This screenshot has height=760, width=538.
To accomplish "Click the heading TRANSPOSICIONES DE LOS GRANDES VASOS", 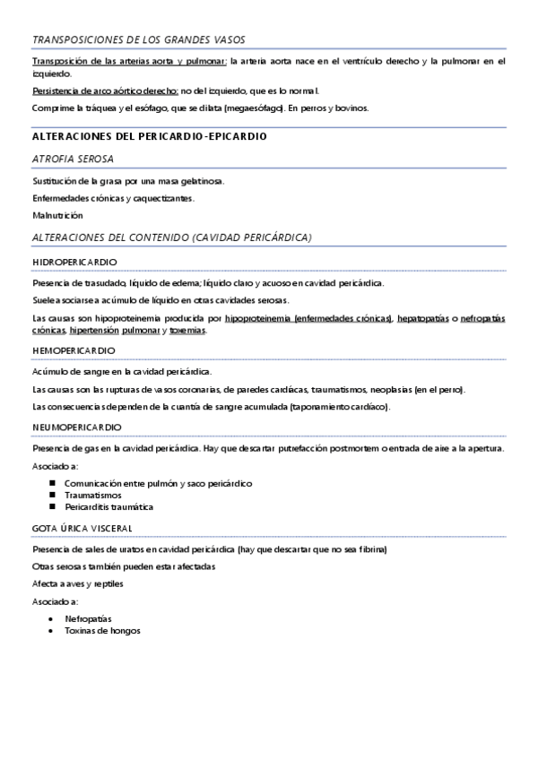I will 138,40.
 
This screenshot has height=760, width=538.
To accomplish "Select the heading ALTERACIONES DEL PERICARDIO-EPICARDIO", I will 149,136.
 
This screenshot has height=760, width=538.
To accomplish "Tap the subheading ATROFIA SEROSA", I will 73,159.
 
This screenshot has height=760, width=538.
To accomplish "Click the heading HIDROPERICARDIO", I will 74,262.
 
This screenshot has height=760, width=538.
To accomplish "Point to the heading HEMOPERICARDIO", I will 74,349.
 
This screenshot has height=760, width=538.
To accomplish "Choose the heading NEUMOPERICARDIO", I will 76,427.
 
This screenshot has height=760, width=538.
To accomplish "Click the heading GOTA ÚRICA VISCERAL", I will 82,527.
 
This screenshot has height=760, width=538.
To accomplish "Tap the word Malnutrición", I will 56,215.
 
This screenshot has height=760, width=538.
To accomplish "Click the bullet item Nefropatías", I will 87,618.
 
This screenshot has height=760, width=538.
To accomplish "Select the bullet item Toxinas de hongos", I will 102,630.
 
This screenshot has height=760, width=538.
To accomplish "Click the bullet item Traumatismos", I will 93,495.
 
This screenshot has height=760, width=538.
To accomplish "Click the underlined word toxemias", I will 187,331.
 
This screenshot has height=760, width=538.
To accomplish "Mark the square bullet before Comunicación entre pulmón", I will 54,483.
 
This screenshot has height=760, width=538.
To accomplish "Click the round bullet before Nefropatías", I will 54,618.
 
